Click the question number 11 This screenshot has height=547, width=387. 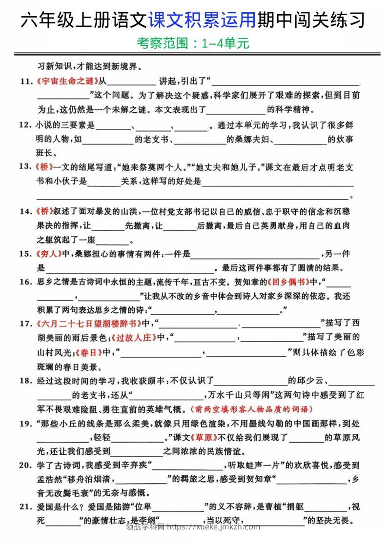click(x=26, y=81)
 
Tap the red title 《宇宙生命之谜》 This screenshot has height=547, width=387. click(x=67, y=81)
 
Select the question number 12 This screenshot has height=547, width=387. click(x=26, y=125)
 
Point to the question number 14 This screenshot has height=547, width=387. click(x=26, y=212)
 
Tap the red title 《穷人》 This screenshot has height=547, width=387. click(x=48, y=254)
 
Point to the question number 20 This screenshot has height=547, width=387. click(x=26, y=465)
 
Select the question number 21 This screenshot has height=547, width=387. click(x=26, y=507)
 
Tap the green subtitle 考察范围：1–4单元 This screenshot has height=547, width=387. click(x=193, y=44)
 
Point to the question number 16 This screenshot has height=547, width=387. click(x=26, y=282)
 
